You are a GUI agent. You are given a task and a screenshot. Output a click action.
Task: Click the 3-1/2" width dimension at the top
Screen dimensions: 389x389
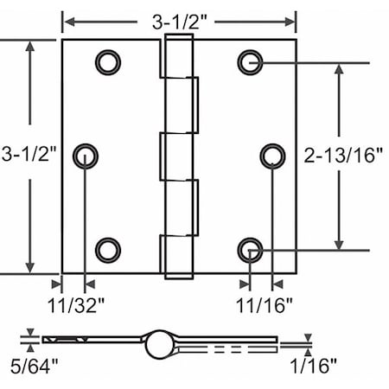[x=180, y=19]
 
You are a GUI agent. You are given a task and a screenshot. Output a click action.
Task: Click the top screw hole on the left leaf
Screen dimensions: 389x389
[x=107, y=61]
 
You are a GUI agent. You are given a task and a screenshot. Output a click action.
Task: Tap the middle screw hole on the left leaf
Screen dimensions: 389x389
[x=86, y=156]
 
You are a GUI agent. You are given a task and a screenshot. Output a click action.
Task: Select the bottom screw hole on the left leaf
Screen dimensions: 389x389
[x=107, y=250]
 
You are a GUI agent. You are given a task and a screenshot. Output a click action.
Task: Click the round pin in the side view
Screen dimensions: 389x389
[x=159, y=343]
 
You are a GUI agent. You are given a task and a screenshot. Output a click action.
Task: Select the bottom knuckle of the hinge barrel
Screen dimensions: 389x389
[x=178, y=256]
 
